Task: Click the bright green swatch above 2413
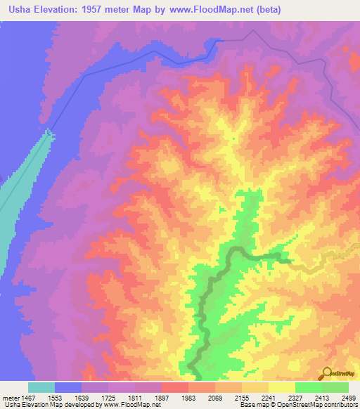tap(309, 387)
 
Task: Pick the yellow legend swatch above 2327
tap(282, 387)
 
